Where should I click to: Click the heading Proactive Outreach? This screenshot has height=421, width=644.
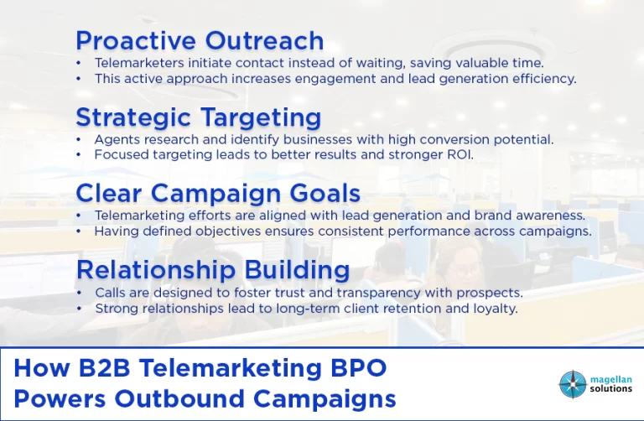pos(200,40)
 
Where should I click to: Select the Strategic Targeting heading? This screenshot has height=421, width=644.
pos(199,117)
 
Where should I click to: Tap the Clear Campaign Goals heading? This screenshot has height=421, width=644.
pos(218,194)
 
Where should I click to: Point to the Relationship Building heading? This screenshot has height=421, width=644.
pos(213,270)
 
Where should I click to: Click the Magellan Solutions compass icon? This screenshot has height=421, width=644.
pos(573,384)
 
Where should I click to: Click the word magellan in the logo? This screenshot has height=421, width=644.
pos(610,380)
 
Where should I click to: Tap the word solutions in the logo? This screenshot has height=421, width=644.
pos(610,388)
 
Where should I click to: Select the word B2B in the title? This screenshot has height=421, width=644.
pos(104,367)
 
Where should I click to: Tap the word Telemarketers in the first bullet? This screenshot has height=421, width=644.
pos(139,63)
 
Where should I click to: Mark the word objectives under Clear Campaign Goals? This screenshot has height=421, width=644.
pos(228,231)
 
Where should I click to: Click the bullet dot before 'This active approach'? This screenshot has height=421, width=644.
pos(79,79)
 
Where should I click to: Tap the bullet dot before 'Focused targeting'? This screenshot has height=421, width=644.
pos(79,155)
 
